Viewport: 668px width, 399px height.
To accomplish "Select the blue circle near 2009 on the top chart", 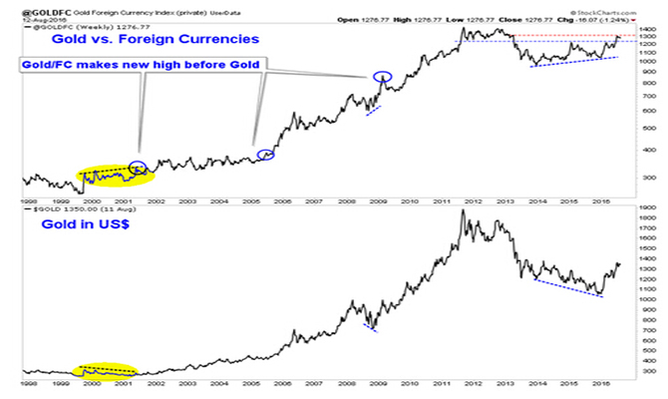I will [x=382, y=77].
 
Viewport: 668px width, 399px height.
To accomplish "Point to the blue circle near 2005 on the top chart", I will [x=265, y=155].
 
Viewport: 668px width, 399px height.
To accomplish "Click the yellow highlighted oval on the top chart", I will [x=106, y=177].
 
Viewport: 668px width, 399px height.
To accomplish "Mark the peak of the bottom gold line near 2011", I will [x=463, y=211].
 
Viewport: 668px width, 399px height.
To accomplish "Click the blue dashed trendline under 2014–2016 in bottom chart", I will [x=567, y=287].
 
